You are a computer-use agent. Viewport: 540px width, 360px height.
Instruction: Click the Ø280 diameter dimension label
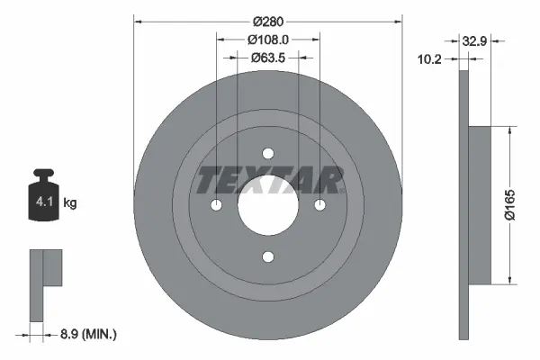(268, 20)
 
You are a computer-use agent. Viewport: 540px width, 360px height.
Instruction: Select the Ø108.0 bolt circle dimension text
(268, 40)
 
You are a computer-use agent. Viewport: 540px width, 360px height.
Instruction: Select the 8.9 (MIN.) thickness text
(87, 334)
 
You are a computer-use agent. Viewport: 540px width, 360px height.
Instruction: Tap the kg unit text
(70, 203)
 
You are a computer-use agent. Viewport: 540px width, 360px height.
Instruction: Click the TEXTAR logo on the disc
(268, 180)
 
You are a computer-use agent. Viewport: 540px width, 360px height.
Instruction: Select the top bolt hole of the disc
(268, 153)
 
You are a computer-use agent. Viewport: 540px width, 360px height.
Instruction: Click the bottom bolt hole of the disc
(268, 257)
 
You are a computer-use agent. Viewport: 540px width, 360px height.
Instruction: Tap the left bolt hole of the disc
(216, 205)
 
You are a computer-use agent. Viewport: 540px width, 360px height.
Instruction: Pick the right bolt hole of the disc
(320, 205)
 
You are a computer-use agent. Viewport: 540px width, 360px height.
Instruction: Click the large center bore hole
(268, 205)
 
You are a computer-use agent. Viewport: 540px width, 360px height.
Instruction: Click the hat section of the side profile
(480, 203)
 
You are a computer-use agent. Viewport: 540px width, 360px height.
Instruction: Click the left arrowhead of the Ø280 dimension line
(138, 20)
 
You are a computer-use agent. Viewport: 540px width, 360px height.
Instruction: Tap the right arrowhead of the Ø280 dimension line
(397, 20)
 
